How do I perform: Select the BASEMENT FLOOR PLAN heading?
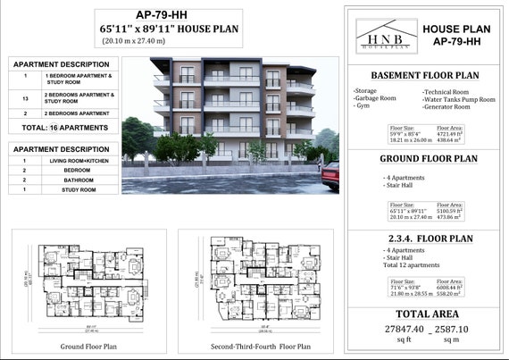click(x=424, y=75)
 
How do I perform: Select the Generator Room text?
click(x=447, y=106)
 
